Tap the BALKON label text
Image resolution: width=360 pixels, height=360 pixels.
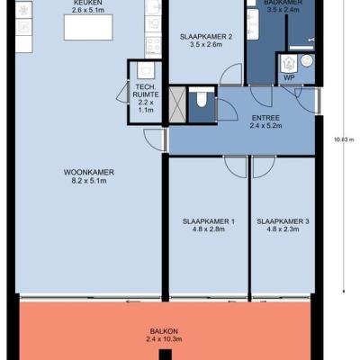pos(164,331)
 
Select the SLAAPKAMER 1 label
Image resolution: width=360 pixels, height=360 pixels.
pos(209,221)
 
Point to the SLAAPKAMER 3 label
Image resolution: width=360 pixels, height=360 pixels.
pos(283,221)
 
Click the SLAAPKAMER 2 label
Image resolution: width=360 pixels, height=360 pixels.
pos(206,37)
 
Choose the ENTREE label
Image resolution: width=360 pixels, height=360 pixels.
pos(265,118)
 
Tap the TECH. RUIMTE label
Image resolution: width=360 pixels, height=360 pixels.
pos(147,91)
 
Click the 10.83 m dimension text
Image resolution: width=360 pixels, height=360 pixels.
pos(344,139)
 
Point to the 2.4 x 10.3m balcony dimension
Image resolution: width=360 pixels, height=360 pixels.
pos(164,339)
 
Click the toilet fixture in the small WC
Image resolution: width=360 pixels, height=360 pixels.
pos(202,99)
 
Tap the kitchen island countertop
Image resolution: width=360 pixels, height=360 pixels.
pos(88,27)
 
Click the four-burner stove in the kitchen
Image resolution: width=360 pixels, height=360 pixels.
pos(153,45)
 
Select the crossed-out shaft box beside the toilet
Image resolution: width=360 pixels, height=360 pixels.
pos(177,104)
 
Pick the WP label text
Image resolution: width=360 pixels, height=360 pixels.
pos(290,77)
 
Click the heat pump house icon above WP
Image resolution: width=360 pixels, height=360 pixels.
pos(289,63)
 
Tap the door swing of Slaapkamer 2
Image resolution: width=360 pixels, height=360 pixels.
pos(231,75)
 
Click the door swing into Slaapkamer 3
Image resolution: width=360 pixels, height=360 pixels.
pos(264,167)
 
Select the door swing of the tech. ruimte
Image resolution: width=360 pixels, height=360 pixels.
pos(122,92)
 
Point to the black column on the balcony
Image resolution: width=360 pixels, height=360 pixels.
pos(166,355)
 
